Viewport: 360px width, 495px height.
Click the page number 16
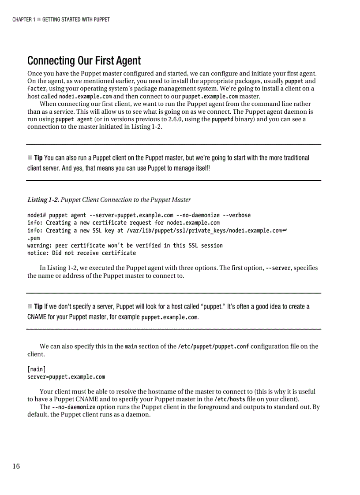(x=16, y=467)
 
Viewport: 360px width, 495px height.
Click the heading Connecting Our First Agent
(x=84, y=60)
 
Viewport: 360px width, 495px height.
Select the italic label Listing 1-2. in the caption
(x=43, y=200)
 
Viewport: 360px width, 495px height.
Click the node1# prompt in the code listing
(x=37, y=215)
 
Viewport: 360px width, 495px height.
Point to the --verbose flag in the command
(x=236, y=215)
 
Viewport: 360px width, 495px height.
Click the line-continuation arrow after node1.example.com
(x=285, y=230)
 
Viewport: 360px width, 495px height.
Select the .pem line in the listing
(x=34, y=238)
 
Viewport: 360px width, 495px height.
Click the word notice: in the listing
(x=38, y=253)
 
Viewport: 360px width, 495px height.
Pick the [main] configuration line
(x=36, y=369)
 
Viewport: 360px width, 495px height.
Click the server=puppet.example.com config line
(x=66, y=377)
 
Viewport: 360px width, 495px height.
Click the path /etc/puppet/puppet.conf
(x=213, y=346)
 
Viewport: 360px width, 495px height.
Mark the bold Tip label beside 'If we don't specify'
(x=38, y=306)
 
